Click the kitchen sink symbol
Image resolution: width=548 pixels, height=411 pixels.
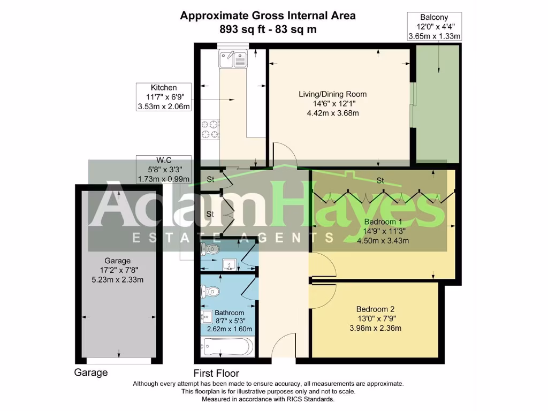232,59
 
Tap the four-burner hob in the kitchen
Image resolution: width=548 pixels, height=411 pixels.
210,129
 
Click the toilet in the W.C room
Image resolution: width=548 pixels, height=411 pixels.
210,249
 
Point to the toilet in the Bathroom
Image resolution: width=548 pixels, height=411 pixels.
210,291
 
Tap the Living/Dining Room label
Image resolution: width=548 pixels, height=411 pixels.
332,94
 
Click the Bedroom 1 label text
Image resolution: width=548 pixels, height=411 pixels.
383,222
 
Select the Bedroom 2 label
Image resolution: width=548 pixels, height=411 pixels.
375,309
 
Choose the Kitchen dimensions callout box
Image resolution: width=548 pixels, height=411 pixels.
163,97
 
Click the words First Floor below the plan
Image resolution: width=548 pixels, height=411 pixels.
216,373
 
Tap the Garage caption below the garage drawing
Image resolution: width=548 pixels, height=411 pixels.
90,372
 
